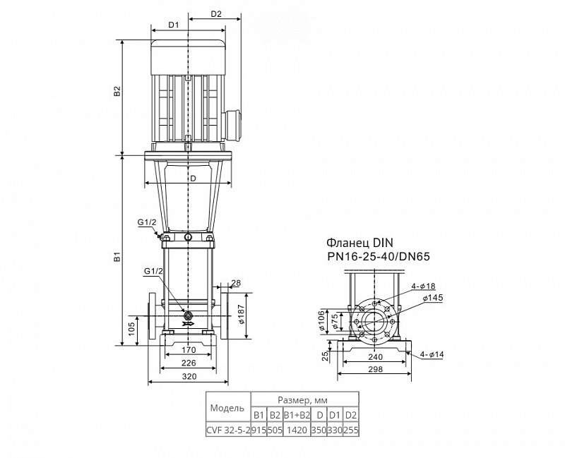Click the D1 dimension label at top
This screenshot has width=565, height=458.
click(174, 25)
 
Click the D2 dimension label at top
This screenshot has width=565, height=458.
click(216, 14)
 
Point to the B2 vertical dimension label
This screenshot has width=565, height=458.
click(117, 91)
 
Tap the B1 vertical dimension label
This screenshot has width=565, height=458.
click(117, 257)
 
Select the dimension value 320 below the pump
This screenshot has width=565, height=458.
click(189, 376)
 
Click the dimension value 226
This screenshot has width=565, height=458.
click(189, 363)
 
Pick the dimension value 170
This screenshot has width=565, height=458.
click(189, 349)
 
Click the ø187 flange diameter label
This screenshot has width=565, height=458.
click(242, 314)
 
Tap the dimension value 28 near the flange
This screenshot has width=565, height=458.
click(236, 283)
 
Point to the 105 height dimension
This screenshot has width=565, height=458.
click(131, 329)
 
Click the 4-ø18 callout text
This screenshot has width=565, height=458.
click(423, 287)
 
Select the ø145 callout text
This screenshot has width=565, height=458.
click(433, 298)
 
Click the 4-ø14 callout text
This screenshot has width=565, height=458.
click(432, 355)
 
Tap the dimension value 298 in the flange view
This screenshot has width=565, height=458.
click(376, 369)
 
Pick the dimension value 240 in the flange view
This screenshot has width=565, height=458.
click(375, 357)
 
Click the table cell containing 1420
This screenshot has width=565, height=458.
click(297, 430)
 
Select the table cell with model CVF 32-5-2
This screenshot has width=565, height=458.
click(228, 430)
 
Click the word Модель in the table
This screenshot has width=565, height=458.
click(227, 409)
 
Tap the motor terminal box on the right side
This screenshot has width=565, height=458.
click(233, 124)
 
